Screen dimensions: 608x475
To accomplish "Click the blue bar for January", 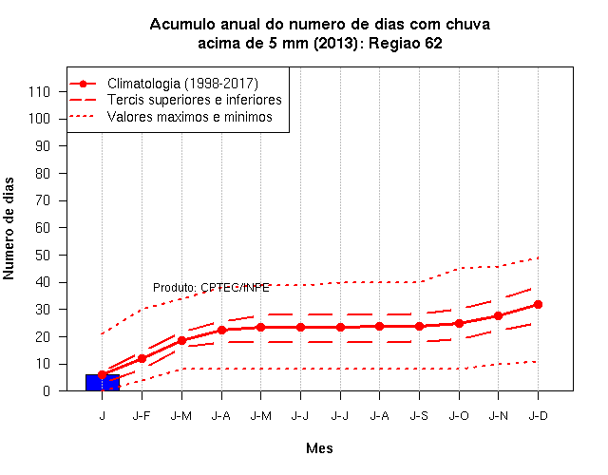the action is point(103,382).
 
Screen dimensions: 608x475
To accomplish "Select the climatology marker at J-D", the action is point(538,304).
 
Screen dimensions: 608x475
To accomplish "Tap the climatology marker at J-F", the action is point(142,359).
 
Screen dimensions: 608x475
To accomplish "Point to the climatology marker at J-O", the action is point(459,323).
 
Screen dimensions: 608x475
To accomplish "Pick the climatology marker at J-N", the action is point(499,315).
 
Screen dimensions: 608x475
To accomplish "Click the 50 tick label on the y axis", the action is point(43,256).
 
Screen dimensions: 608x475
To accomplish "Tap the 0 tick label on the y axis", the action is point(47,390).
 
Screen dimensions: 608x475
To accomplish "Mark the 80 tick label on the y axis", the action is point(43,173).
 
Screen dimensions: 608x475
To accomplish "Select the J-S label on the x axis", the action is point(419,416).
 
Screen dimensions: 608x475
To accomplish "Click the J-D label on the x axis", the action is point(539,416).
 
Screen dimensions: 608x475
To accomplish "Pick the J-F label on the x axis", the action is point(142,416).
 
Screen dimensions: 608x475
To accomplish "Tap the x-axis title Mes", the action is point(319,448).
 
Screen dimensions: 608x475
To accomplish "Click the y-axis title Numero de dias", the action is point(9,228).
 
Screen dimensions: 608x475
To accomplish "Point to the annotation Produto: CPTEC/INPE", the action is point(211,288).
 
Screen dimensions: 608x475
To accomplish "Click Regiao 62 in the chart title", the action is point(406,43).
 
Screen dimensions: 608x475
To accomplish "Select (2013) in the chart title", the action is point(335,43).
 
